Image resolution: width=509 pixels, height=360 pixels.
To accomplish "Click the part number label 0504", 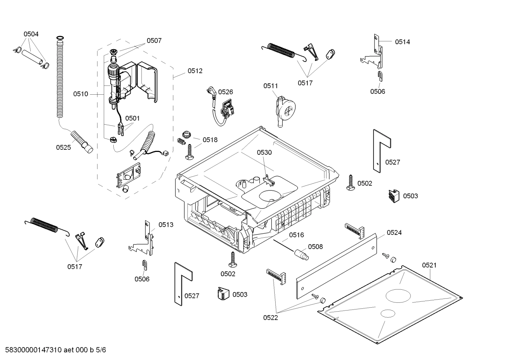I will tap(31, 34).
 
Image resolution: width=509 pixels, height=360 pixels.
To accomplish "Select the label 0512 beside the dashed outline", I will tap(195, 71).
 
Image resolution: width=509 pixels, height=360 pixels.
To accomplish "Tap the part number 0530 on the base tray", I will tap(264, 152).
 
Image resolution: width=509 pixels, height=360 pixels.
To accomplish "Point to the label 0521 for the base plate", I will tap(429, 265).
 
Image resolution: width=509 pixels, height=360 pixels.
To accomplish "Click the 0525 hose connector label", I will tap(64, 147).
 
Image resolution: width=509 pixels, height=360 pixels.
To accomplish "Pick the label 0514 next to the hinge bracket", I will tap(402, 42).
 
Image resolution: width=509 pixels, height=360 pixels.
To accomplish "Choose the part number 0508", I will tap(315, 247).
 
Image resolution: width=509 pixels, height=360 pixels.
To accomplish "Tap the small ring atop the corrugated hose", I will tap(60, 37).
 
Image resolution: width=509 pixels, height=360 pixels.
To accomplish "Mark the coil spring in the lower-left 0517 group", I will tap(44, 225).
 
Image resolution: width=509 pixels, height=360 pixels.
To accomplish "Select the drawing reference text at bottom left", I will tap(53, 350).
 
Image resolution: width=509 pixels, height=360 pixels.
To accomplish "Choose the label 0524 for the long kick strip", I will tap(394, 232).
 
